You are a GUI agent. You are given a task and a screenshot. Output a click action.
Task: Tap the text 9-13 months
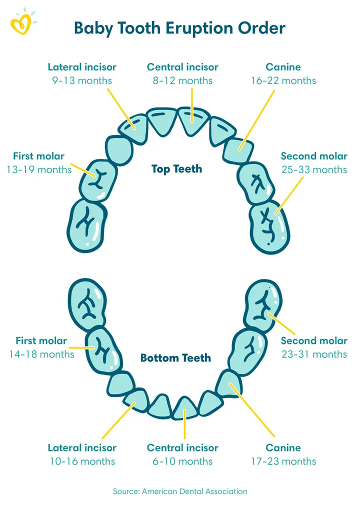82,80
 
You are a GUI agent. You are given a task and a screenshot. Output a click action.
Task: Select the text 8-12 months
182,80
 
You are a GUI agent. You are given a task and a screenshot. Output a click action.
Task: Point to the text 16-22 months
283,80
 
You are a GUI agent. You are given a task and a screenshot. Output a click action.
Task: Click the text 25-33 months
314,169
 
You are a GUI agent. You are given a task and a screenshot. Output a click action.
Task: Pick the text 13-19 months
39,169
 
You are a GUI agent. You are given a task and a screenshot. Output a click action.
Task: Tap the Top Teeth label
177,169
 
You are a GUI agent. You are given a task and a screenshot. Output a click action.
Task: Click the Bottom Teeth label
175,358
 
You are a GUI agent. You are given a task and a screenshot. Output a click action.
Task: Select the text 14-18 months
41,354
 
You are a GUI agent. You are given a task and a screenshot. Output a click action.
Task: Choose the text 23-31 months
314,354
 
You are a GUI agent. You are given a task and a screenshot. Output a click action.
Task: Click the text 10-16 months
82,461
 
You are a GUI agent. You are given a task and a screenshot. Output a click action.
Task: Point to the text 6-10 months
182,461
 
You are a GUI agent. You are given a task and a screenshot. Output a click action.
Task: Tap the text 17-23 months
283,461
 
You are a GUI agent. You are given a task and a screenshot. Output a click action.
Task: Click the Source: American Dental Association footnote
180,491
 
